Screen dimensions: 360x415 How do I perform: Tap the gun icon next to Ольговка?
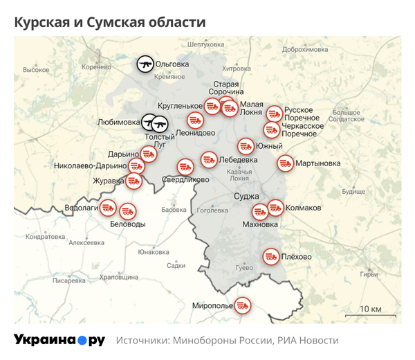[145, 64]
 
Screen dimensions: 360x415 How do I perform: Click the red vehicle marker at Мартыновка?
[284, 163]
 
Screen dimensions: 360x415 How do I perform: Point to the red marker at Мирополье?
[242, 305]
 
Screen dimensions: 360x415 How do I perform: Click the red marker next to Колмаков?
[275, 207]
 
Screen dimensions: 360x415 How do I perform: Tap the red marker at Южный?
[246, 146]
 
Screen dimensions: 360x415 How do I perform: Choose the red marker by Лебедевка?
[208, 159]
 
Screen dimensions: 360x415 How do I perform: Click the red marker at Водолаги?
[108, 207]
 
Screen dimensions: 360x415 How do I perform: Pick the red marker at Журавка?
[133, 181]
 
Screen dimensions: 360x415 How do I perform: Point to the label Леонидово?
[196, 133]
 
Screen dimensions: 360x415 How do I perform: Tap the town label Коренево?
[96, 67]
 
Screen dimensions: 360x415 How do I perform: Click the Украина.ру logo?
[59, 340]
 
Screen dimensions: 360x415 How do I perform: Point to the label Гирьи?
[369, 274]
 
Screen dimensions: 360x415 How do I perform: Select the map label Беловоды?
[128, 224]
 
